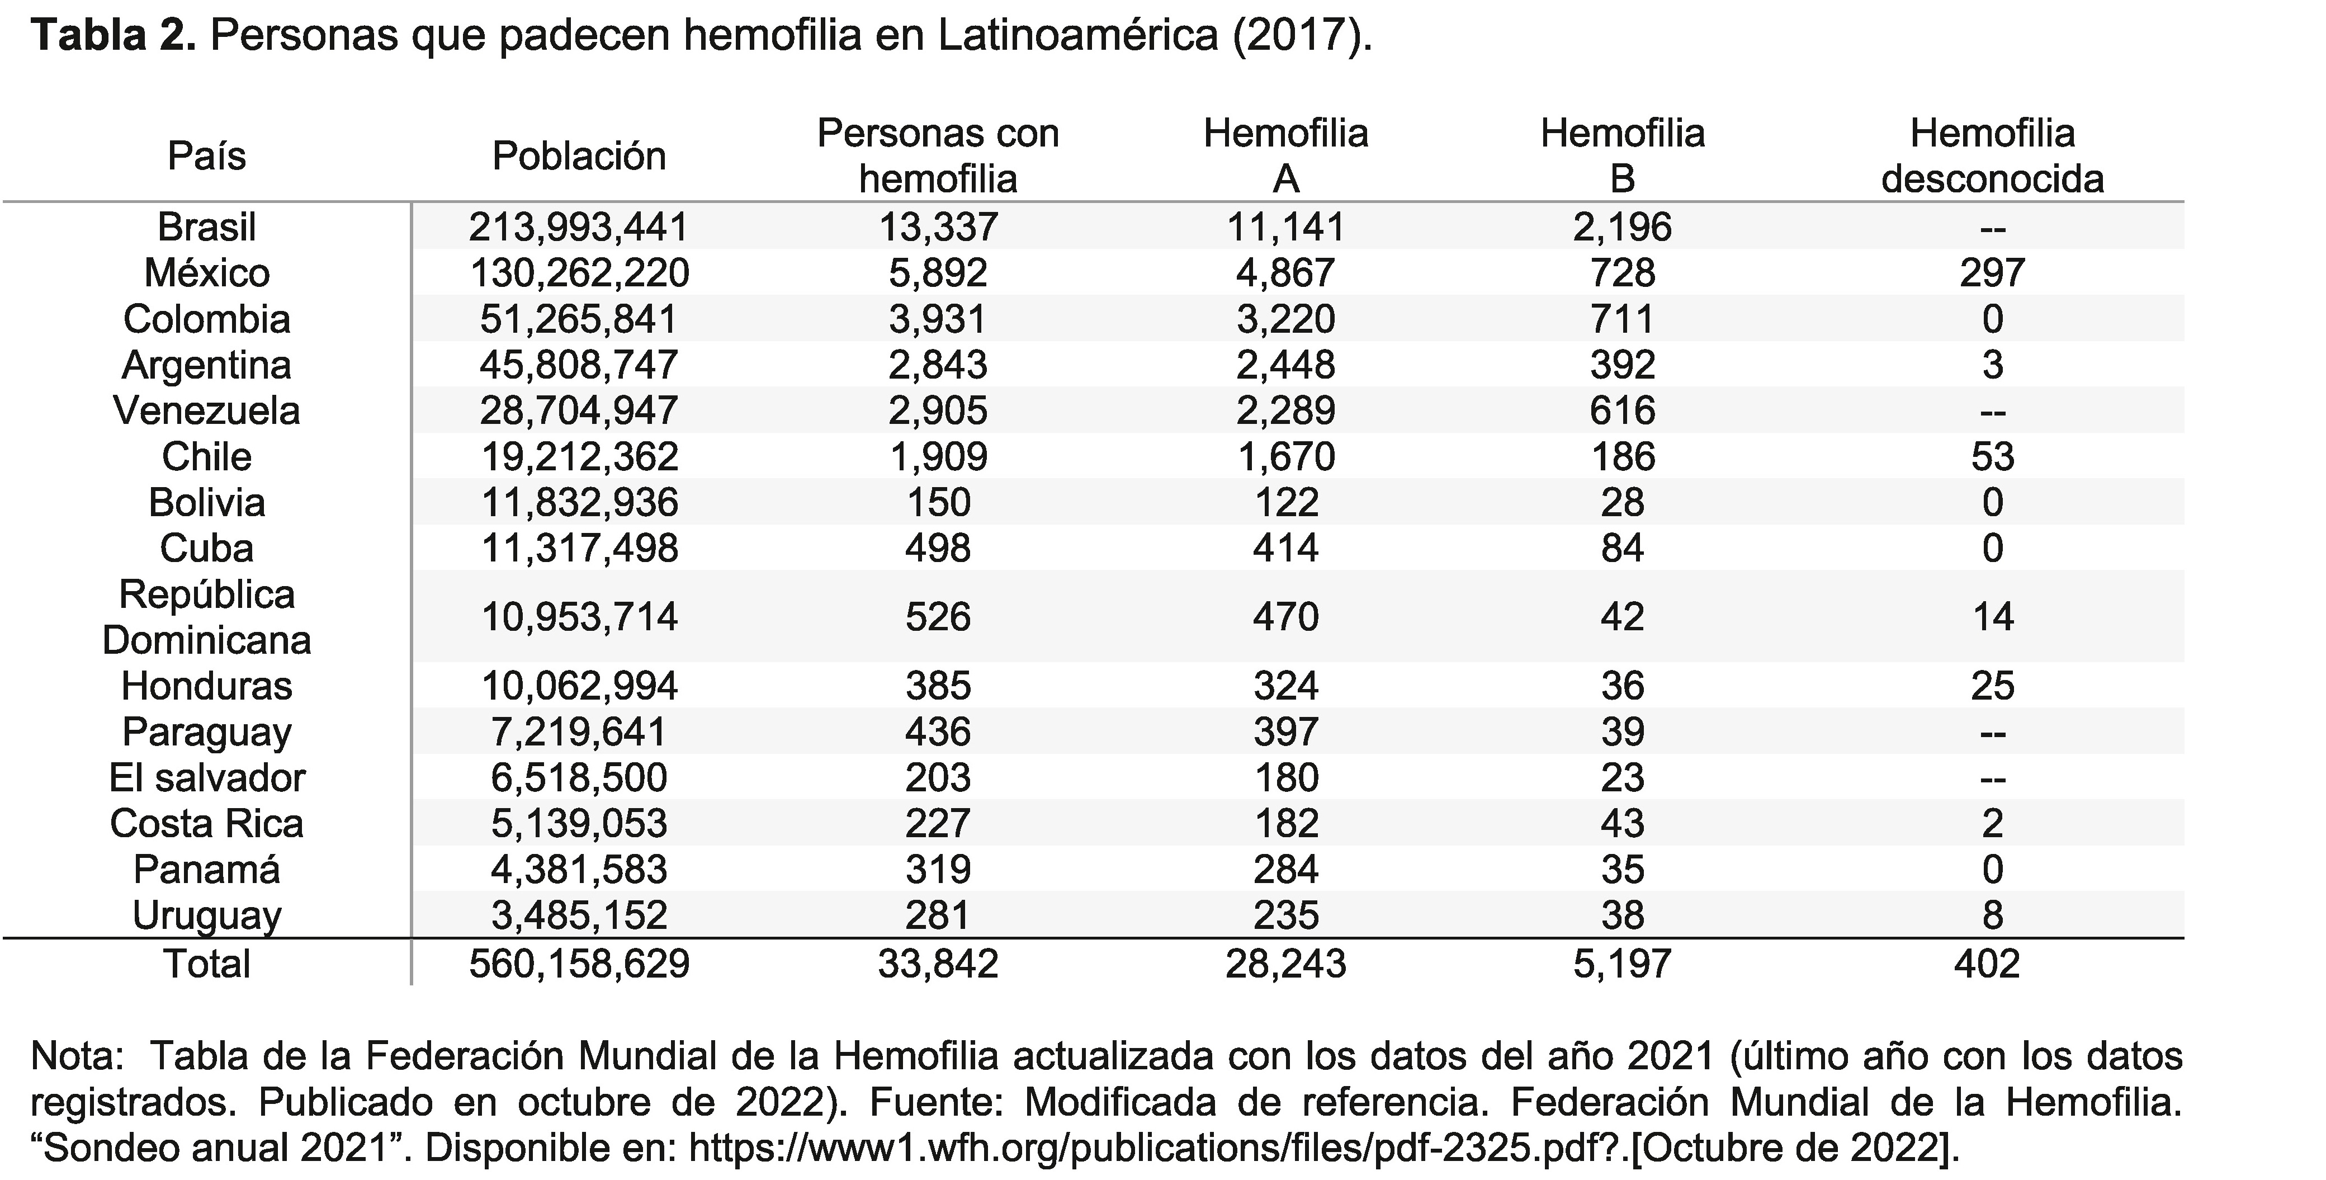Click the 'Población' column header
tap(579, 156)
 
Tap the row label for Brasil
tap(207, 226)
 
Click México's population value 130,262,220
tap(579, 273)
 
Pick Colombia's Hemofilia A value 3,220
tap(1286, 319)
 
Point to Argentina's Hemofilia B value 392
tap(1623, 365)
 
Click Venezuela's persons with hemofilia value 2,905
tap(938, 411)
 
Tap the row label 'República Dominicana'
tap(207, 617)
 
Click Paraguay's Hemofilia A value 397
tap(1286, 732)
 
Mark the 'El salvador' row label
tap(207, 777)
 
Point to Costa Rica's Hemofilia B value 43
tap(1623, 823)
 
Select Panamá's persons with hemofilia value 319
tap(938, 870)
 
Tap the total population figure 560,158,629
tap(579, 964)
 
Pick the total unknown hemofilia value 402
tap(1987, 964)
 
